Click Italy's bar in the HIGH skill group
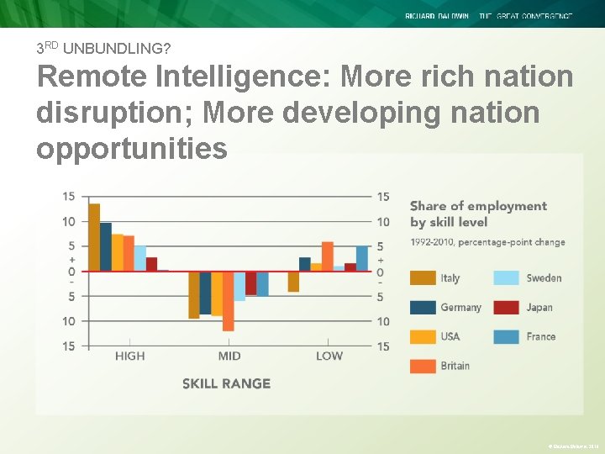[94, 237]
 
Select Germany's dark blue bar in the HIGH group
[106, 246]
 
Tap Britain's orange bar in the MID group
[228, 300]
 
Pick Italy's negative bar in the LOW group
[293, 281]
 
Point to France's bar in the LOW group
[361, 258]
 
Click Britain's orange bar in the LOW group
[328, 256]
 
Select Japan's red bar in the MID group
[250, 282]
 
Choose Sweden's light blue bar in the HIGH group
[140, 258]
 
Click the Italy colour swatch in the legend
[423, 278]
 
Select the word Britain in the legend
[455, 366]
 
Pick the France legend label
[541, 336]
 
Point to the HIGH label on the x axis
[129, 356]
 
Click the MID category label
[229, 356]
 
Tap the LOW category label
[329, 356]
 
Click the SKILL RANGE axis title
[226, 383]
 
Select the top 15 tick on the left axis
[68, 197]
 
